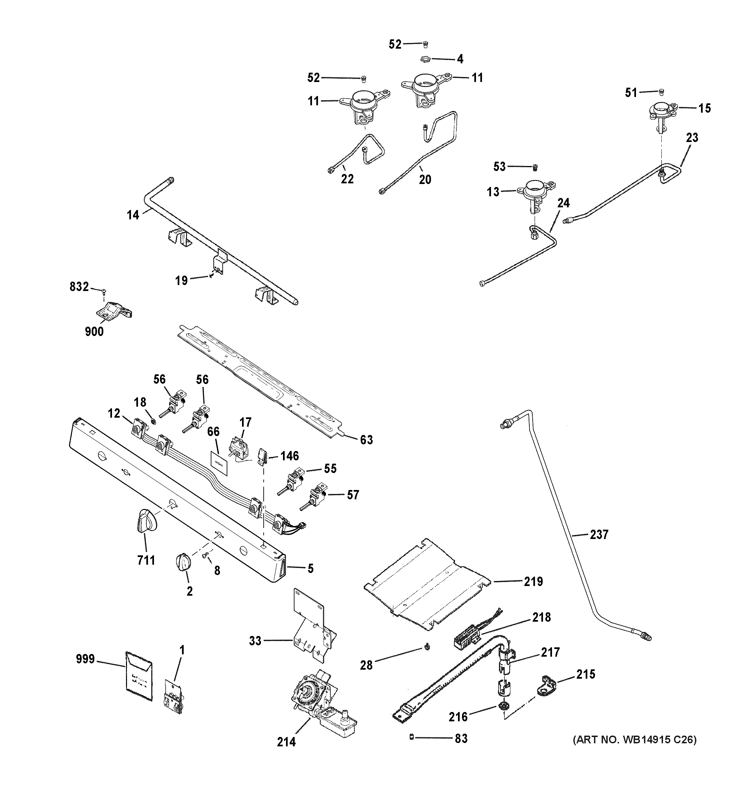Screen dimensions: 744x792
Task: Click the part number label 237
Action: coord(599,534)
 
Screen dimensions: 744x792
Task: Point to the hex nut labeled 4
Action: coord(425,60)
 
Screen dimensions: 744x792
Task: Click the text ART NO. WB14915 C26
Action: coord(634,740)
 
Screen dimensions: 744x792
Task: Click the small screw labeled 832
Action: coord(104,291)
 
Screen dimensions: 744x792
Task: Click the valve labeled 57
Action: coord(317,496)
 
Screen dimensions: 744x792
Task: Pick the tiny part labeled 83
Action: coord(411,738)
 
